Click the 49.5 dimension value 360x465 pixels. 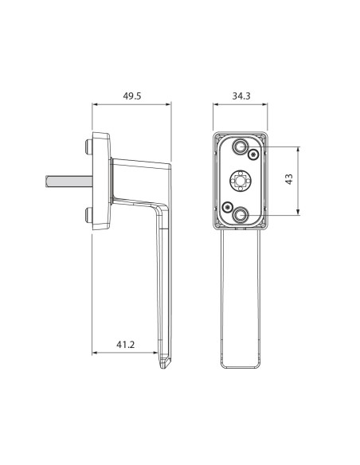click(131, 96)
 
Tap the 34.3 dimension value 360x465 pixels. click(241, 96)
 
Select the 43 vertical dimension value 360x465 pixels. click(289, 181)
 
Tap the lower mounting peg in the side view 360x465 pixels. click(86, 213)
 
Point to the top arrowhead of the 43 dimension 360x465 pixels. click(298, 149)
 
